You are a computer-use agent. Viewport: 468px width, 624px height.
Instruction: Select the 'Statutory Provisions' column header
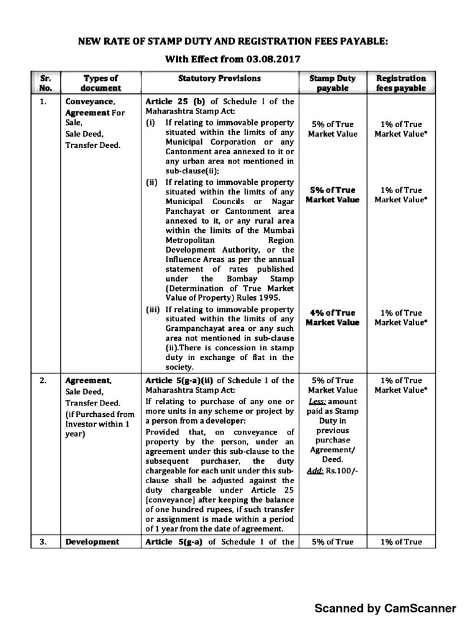pyautogui.click(x=219, y=79)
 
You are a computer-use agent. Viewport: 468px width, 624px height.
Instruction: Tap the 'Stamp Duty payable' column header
pyautogui.click(x=332, y=83)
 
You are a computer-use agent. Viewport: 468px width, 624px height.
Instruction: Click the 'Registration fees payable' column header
pyautogui.click(x=400, y=83)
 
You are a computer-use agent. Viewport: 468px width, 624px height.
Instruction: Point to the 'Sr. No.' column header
pyautogui.click(x=45, y=83)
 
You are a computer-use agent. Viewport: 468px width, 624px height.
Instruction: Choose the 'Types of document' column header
pyautogui.click(x=101, y=83)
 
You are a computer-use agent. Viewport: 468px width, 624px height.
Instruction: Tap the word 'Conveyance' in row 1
pyautogui.click(x=88, y=102)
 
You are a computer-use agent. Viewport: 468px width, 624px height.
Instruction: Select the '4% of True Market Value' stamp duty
pyautogui.click(x=332, y=317)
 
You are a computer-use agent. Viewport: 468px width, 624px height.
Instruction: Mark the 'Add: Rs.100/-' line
pyautogui.click(x=332, y=471)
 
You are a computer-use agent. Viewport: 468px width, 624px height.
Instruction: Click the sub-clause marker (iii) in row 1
pyautogui.click(x=152, y=310)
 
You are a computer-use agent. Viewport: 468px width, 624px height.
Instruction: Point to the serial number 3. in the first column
pyautogui.click(x=44, y=541)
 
